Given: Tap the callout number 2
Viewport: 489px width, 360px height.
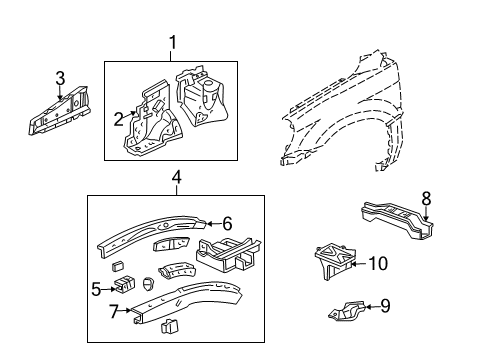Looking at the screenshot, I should [119, 120].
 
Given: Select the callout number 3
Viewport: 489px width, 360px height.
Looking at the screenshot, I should [60, 78].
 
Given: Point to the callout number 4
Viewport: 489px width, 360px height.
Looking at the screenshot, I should [176, 180].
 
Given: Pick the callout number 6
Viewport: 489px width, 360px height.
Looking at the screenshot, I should [227, 224].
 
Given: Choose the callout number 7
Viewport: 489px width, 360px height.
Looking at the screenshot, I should [115, 310].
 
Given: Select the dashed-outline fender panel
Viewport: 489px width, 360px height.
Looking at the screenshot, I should [350, 110].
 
